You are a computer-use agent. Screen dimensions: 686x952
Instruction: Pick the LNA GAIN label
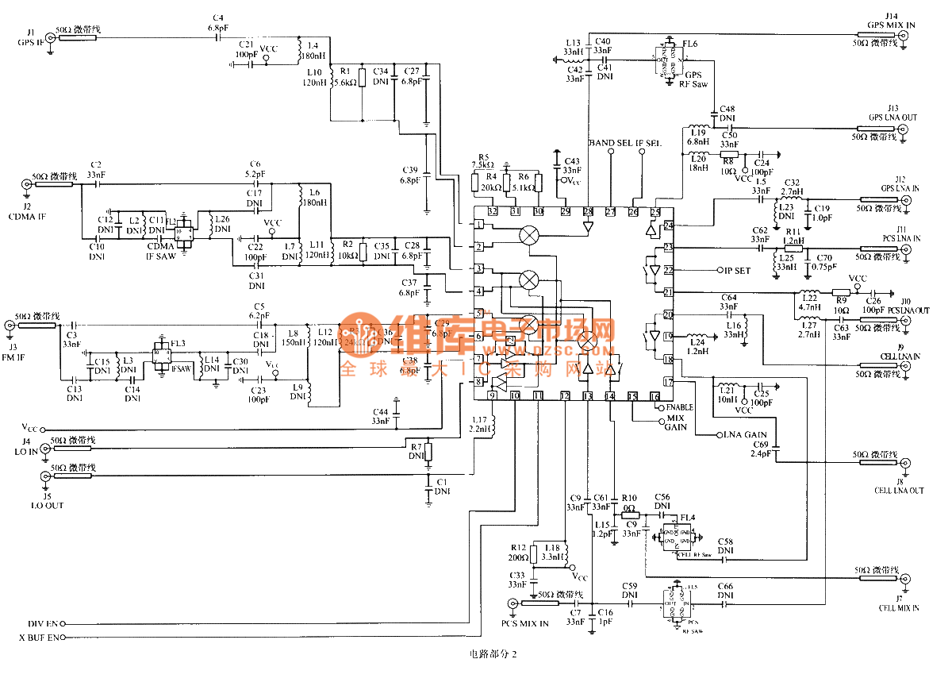click(743, 435)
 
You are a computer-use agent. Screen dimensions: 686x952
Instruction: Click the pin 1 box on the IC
click(479, 225)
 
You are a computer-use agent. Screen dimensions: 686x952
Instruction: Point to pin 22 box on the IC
click(668, 270)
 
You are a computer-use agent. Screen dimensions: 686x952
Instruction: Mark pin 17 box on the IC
click(668, 382)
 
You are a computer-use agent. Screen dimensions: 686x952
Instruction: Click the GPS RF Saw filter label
click(696, 79)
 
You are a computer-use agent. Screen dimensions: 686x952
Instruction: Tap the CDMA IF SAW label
click(160, 252)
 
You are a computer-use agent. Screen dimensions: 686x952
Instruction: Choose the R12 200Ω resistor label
click(518, 553)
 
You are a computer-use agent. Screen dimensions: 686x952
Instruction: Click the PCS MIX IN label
click(524, 623)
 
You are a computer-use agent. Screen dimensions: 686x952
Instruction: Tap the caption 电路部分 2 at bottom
click(493, 655)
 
